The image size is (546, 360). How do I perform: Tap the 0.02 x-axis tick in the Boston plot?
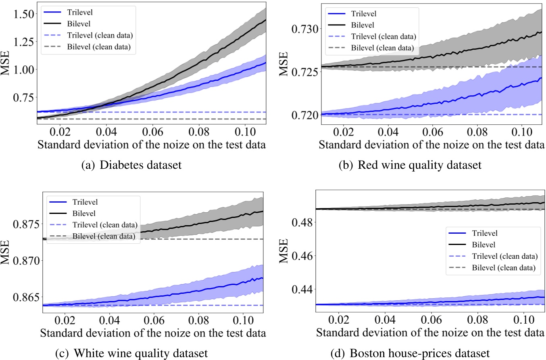[x=339, y=323]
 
